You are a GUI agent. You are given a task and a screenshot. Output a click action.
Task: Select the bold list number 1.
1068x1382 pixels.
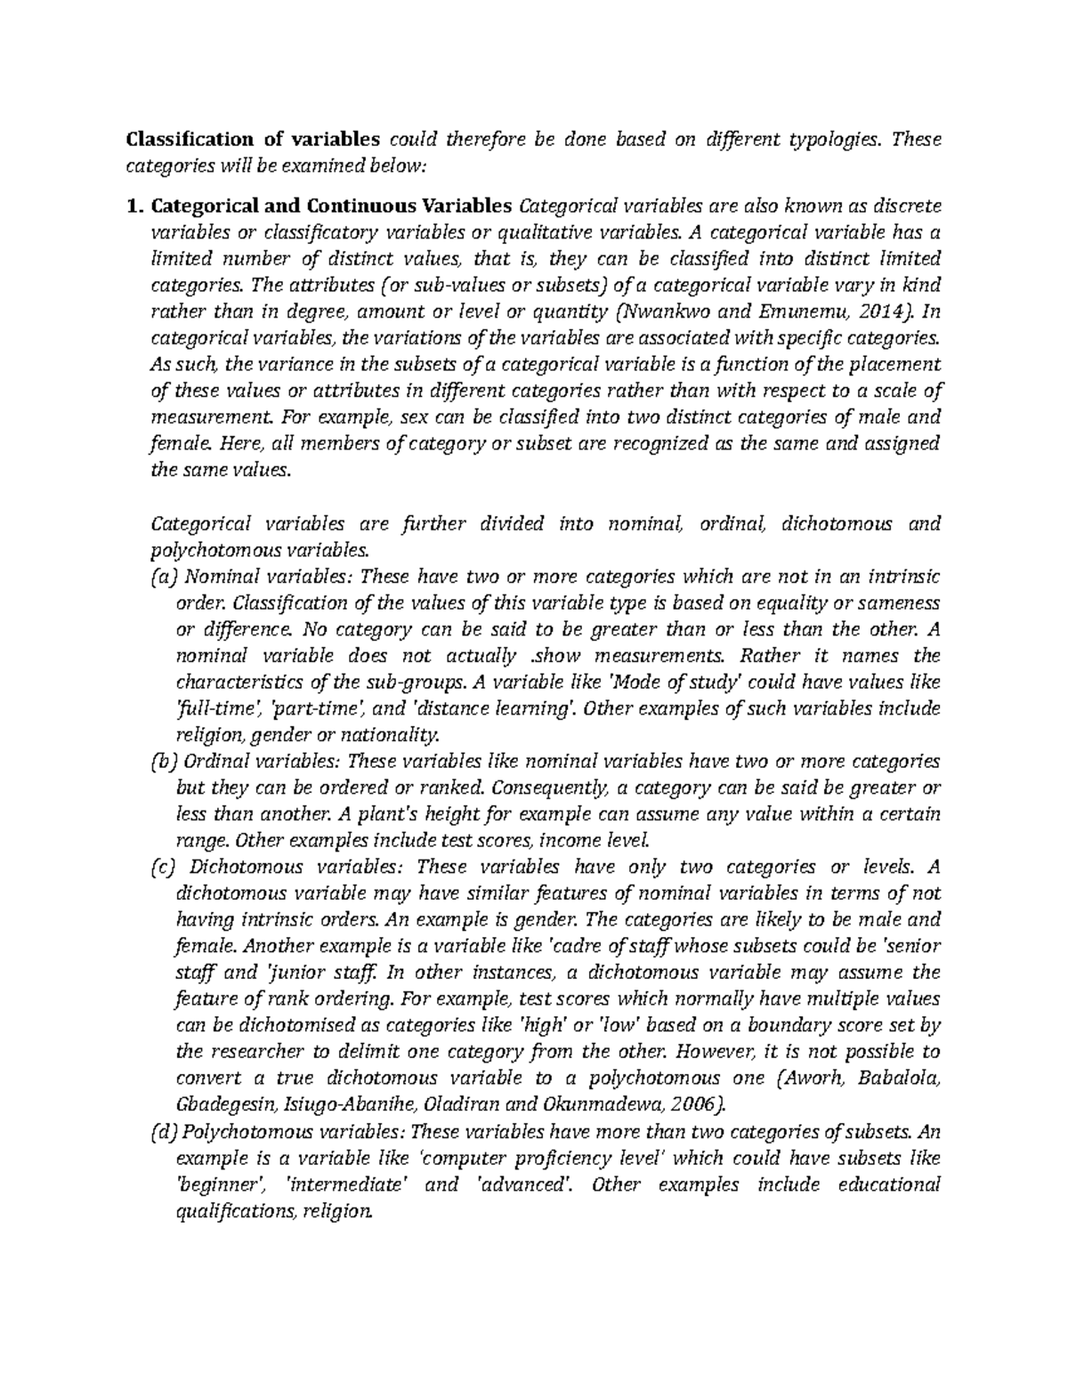coord(134,207)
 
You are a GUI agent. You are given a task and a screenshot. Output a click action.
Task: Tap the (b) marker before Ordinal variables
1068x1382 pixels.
coord(166,761)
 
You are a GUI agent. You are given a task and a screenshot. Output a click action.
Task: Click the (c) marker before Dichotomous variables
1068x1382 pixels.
coord(166,867)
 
